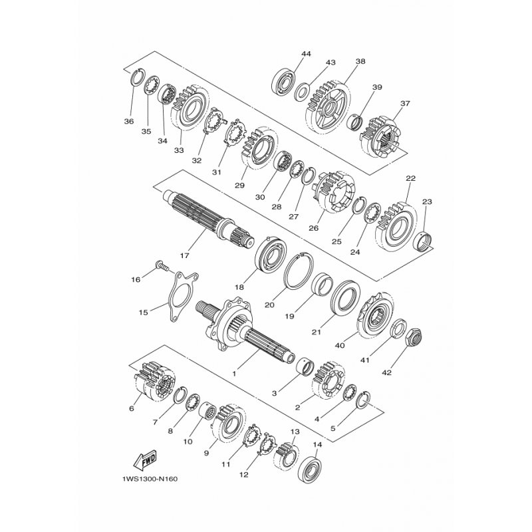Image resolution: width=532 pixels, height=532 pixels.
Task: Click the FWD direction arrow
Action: tap(145, 462)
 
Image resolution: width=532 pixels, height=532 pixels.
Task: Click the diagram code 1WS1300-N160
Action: tap(150, 479)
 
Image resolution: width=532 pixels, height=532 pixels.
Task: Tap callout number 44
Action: tap(306, 54)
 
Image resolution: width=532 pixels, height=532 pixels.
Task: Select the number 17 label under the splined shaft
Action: tap(185, 255)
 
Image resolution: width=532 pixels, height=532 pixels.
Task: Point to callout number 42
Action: tap(386, 372)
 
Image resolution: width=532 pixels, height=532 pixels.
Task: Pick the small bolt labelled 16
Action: tap(162, 265)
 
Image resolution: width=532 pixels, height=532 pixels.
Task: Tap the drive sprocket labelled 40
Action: tap(375, 315)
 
